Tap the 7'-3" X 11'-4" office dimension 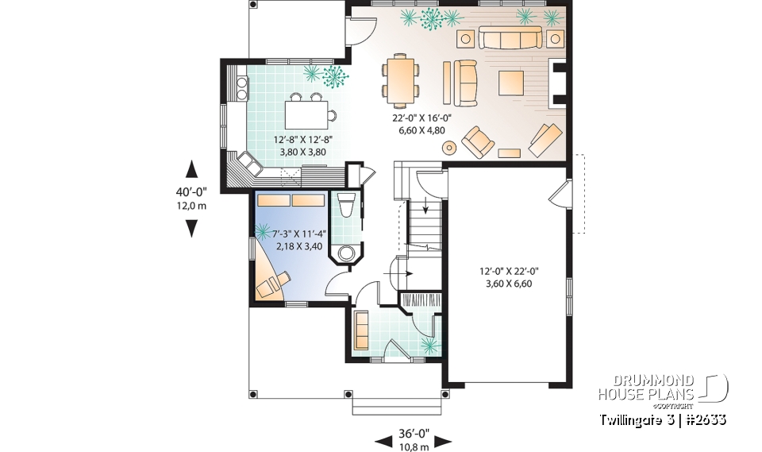(x=290, y=240)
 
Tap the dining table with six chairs (x=399, y=79)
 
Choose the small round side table (x=450, y=147)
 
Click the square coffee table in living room (x=511, y=82)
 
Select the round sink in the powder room (x=346, y=253)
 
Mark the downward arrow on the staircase (x=427, y=209)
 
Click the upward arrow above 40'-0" (x=190, y=168)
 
